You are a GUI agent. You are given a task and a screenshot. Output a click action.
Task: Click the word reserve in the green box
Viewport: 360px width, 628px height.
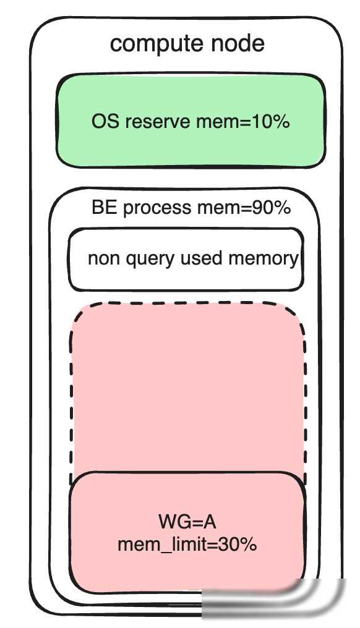click(158, 121)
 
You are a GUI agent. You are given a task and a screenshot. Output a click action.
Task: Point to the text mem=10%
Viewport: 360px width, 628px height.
click(243, 121)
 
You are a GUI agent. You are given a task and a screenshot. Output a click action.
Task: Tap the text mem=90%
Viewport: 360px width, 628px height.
click(244, 208)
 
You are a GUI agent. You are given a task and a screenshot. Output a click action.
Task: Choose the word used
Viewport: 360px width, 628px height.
click(202, 258)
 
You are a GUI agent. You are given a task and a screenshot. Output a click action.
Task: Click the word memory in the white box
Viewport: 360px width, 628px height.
click(264, 259)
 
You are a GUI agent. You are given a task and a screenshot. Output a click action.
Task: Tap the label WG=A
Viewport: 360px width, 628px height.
click(187, 522)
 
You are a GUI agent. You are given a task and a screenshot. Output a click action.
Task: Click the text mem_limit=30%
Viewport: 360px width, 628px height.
click(187, 545)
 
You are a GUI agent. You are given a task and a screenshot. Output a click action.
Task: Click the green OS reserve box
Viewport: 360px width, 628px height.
click(191, 120)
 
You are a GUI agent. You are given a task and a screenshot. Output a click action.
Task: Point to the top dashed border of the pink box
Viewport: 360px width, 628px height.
click(187, 303)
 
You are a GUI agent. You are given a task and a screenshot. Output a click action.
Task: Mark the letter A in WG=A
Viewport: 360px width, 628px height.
click(210, 522)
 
